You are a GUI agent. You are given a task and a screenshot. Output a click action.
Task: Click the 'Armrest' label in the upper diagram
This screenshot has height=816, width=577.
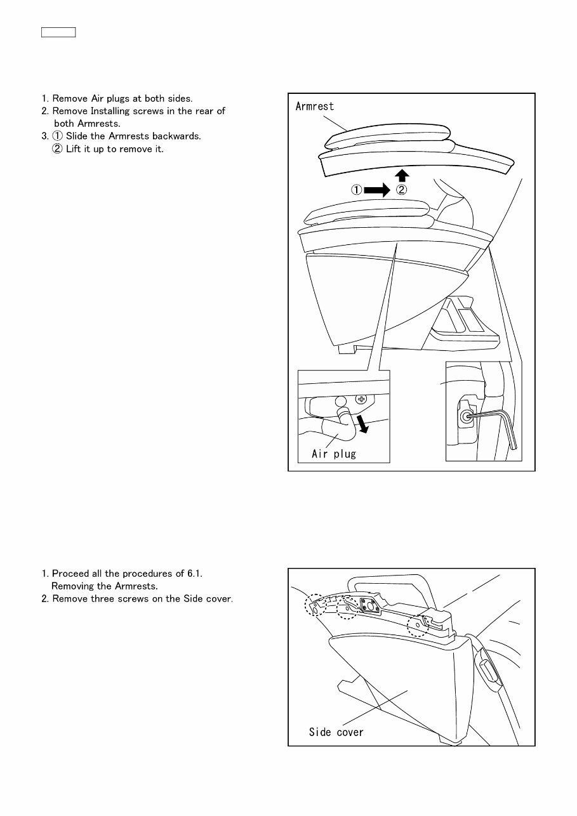coord(315,107)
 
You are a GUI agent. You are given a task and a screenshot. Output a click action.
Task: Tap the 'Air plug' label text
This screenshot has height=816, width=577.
coord(334,454)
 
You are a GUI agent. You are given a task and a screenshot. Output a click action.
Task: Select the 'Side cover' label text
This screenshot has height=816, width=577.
coord(336,732)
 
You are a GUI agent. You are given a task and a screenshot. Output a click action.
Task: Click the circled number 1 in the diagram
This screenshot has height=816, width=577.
coord(355,189)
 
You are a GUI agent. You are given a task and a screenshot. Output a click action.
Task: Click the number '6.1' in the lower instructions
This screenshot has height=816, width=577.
coord(194,574)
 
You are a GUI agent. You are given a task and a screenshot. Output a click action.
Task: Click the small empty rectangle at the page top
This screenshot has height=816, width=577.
coord(58,32)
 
